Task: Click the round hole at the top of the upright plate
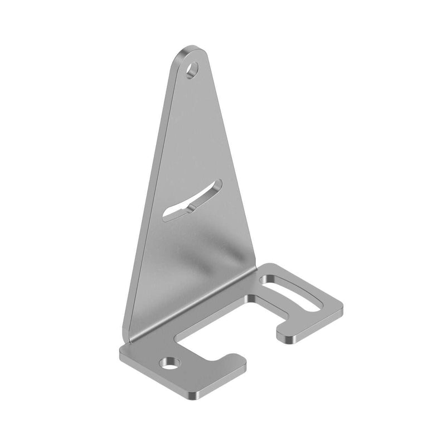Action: coord(192,71)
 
